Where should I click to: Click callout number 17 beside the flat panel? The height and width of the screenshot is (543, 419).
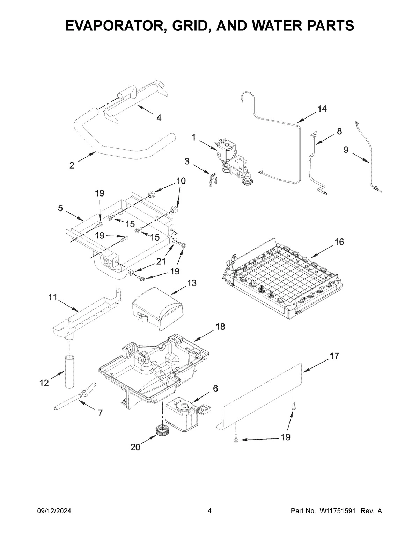pyautogui.click(x=334, y=356)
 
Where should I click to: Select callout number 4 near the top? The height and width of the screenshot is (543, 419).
pyautogui.click(x=159, y=118)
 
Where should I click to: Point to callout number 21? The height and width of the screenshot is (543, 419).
pyautogui.click(x=161, y=261)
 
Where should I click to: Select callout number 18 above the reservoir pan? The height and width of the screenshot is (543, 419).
pyautogui.click(x=220, y=326)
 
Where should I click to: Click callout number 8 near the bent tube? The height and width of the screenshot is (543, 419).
pyautogui.click(x=339, y=131)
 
